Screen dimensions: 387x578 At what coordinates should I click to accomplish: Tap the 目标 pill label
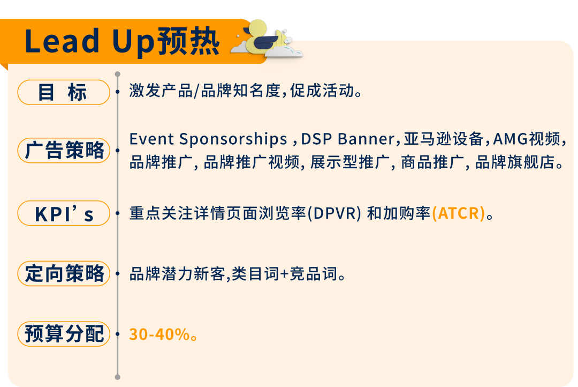(63, 92)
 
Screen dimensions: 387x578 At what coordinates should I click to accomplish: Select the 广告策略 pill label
(63, 151)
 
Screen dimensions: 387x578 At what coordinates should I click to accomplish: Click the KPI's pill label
(63, 213)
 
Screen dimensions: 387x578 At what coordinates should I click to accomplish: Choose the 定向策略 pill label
(63, 273)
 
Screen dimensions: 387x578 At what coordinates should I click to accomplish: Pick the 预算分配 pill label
(63, 333)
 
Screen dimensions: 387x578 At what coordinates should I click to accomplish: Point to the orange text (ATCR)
(459, 213)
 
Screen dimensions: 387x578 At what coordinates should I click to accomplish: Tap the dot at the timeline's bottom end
(118, 377)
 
